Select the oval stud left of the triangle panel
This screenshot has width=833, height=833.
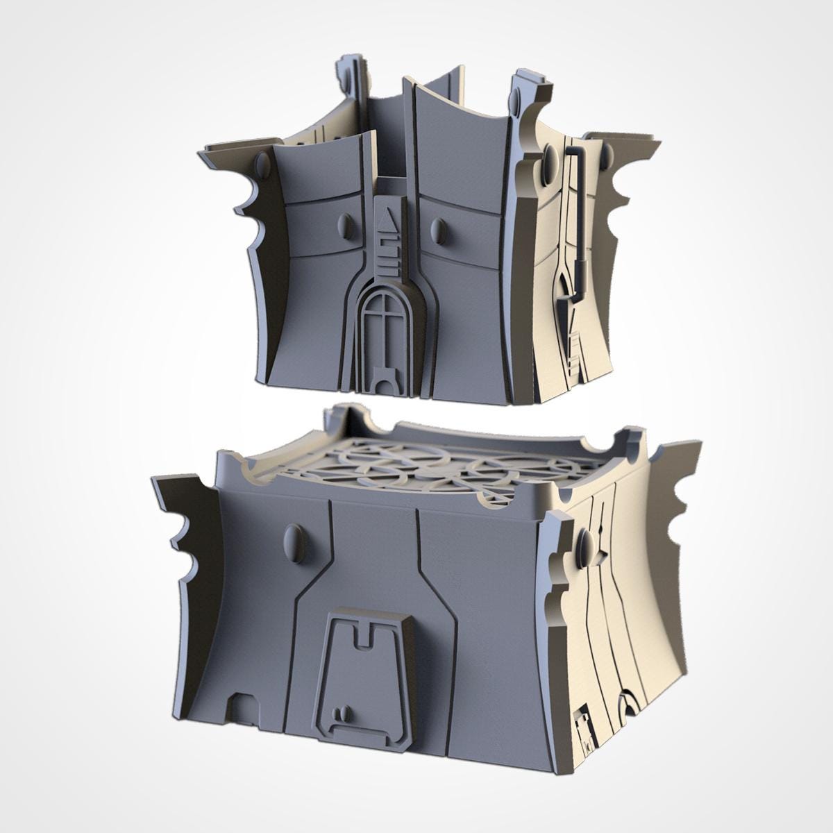click(344, 226)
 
